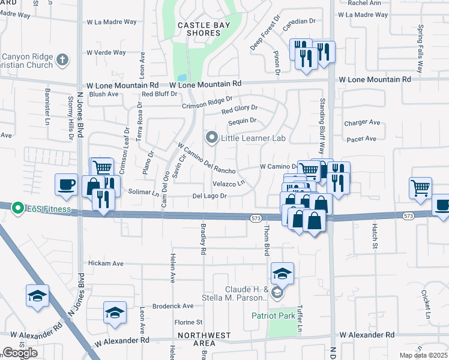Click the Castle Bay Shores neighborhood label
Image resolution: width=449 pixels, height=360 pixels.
(x=199, y=29)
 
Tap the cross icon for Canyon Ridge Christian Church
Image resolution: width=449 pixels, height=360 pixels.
(x=62, y=59)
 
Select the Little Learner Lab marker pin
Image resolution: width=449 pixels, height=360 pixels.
(x=211, y=138)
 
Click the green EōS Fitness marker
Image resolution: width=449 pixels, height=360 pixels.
(x=17, y=206)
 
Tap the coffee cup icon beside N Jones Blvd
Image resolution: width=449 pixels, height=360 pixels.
(x=66, y=184)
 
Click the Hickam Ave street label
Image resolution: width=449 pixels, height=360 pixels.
(x=106, y=263)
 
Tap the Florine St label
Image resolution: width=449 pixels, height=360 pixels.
(x=188, y=322)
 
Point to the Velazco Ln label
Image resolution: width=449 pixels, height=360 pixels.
(x=229, y=184)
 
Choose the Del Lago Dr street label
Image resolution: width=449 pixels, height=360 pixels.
(x=209, y=196)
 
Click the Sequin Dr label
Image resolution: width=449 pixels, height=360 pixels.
(x=242, y=121)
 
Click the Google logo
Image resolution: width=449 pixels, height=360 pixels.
(x=20, y=353)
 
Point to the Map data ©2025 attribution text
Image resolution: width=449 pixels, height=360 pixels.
(x=423, y=355)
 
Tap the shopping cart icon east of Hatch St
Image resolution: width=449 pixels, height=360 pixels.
(x=420, y=187)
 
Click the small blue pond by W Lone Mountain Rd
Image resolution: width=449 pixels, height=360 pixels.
(x=181, y=77)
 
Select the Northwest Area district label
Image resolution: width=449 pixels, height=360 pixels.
(x=203, y=340)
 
